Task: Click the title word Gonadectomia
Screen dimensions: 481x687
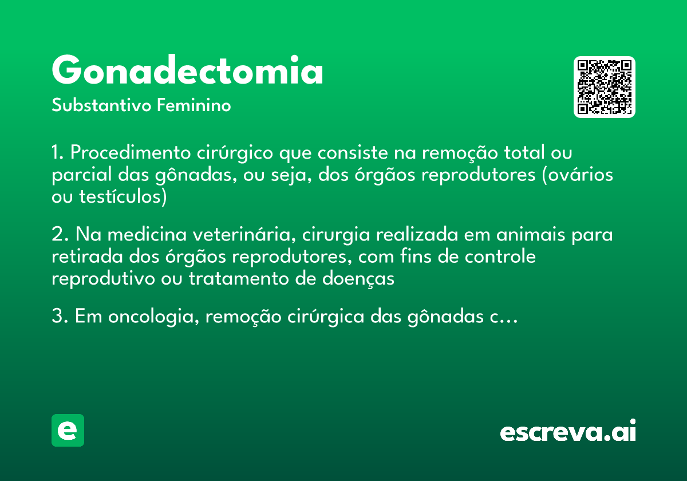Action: click(188, 71)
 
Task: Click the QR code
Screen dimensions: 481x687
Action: click(605, 87)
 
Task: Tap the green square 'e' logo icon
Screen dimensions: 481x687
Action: click(68, 430)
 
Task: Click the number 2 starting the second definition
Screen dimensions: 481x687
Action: click(57, 235)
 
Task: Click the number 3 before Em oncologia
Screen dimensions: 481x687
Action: click(57, 317)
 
